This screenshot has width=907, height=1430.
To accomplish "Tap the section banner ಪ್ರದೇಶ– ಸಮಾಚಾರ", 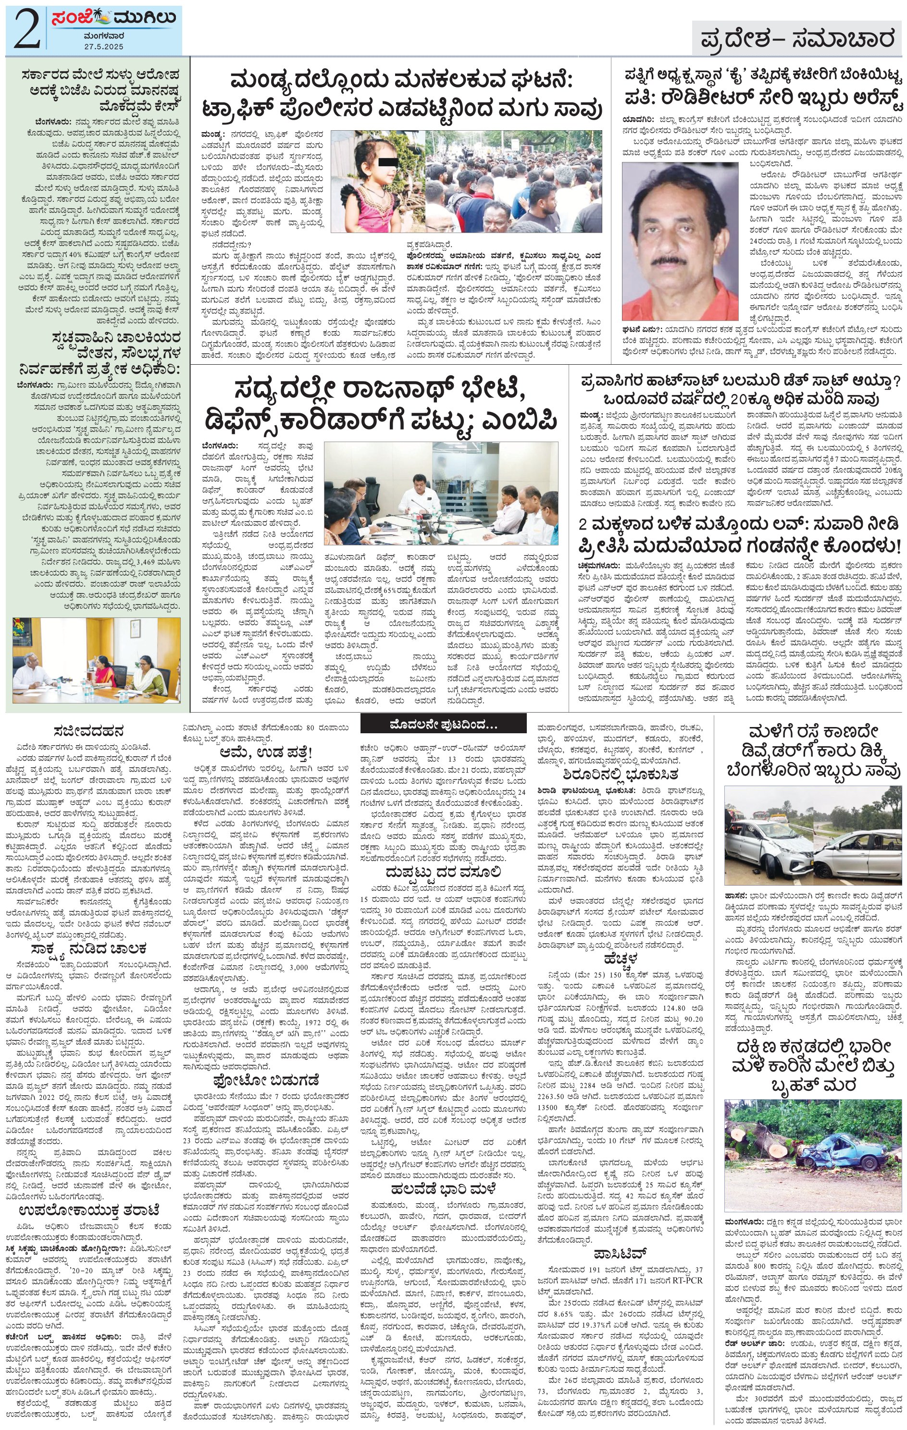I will pos(796,39).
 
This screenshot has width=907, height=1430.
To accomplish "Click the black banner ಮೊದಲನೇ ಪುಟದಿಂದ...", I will pos(443,724).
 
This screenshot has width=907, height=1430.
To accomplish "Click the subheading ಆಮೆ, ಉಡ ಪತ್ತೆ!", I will pos(266,752).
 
